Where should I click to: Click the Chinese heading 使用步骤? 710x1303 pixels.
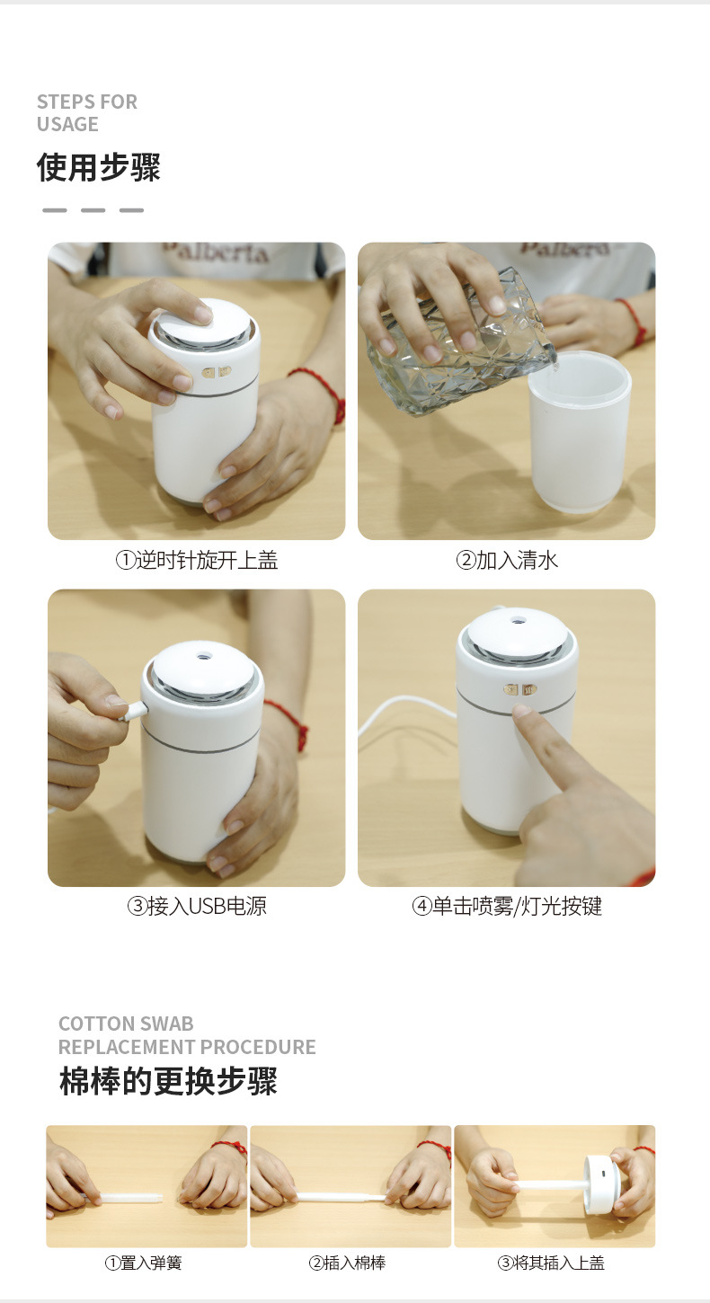click(99, 168)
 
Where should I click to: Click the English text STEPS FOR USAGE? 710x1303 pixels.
click(87, 113)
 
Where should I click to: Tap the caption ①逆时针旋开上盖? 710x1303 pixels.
click(196, 561)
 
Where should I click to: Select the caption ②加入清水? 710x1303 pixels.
click(507, 561)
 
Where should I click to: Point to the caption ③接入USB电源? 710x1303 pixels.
click(196, 906)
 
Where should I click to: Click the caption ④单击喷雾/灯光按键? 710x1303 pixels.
click(507, 906)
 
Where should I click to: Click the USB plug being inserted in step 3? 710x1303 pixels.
click(133, 712)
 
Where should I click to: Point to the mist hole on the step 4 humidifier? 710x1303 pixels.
click(519, 620)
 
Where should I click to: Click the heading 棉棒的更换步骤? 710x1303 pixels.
click(168, 1081)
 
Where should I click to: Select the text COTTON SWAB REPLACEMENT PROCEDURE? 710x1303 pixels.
click(187, 1035)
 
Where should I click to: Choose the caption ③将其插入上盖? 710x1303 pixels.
click(551, 1263)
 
